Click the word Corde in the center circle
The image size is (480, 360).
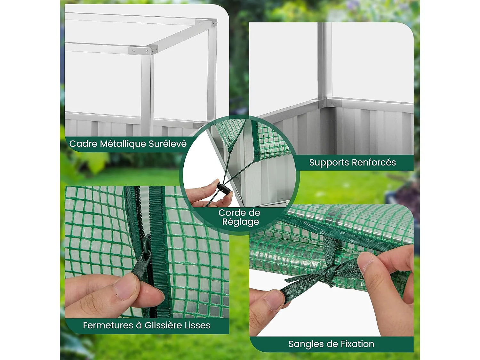tap(231, 213)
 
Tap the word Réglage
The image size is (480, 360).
tap(240, 222)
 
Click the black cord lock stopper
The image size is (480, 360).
tap(223, 188)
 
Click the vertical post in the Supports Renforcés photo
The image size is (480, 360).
tap(324, 61)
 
